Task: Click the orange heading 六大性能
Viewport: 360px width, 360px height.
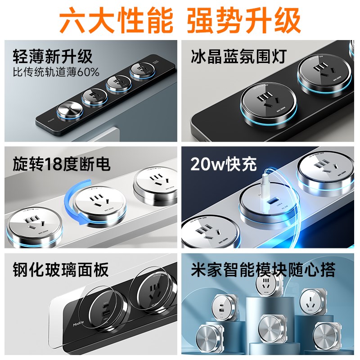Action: click(116, 20)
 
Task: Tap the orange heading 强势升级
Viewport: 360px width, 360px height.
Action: click(243, 20)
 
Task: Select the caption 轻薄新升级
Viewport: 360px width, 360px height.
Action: click(53, 57)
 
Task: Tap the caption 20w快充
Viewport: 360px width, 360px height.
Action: click(223, 164)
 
